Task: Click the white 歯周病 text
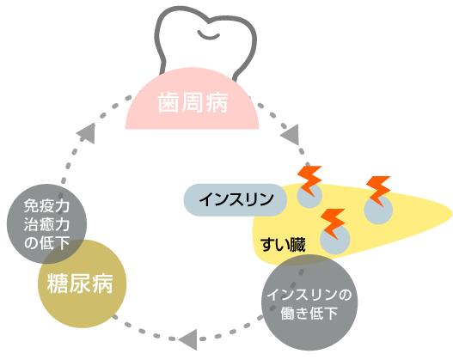(193, 102)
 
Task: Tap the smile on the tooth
(208, 35)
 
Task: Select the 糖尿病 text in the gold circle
(80, 284)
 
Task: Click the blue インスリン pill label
(236, 200)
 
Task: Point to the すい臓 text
(283, 245)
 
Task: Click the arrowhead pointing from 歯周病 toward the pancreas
(290, 135)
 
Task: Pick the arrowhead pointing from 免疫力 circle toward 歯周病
(86, 133)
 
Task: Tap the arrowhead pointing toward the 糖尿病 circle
(187, 339)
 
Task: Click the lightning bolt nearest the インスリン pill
(309, 180)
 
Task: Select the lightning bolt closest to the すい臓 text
(333, 223)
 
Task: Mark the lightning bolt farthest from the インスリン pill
(378, 191)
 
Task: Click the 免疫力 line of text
(46, 206)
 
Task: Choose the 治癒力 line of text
(46, 224)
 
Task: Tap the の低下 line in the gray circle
(46, 243)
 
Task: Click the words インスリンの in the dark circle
(309, 295)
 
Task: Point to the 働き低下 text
(309, 313)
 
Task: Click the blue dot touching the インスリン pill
(309, 196)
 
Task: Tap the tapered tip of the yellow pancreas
(450, 214)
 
